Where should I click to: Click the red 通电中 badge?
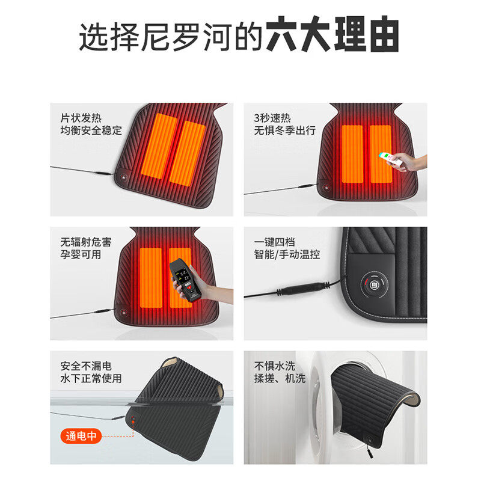[x=82, y=437]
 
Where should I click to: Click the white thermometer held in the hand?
[x=388, y=158]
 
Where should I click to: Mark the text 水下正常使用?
[x=91, y=379]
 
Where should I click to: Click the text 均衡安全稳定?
[x=91, y=130]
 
